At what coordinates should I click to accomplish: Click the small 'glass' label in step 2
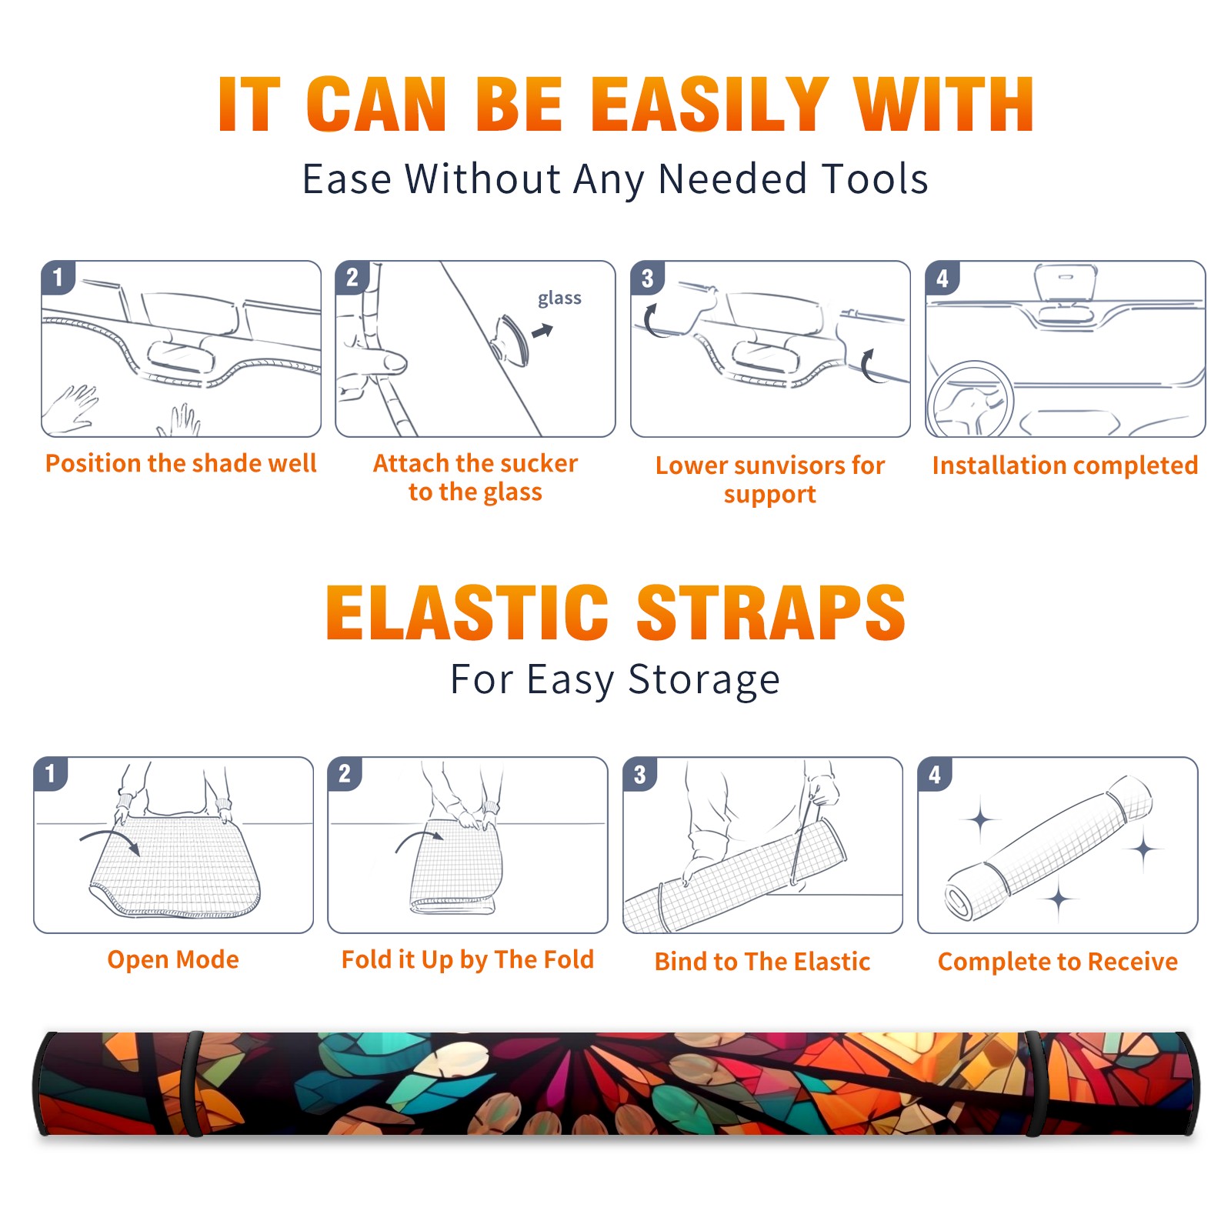pos(559,299)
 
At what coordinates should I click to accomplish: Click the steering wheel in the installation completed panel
pos(970,399)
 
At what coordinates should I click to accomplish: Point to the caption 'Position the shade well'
pos(181,463)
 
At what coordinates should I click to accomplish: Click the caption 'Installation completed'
pos(1065,465)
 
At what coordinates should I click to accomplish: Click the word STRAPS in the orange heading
pos(771,612)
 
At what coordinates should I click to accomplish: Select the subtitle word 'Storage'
pos(704,681)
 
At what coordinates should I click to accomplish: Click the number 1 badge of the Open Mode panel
pos(51,774)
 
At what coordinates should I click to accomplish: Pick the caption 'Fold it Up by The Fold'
pos(468,960)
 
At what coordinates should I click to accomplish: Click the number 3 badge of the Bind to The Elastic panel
pos(639,775)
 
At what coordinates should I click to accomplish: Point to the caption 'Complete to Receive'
pos(1058,962)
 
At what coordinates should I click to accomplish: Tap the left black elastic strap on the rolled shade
pos(193,1083)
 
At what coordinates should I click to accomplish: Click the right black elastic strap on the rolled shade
pos(1036,1083)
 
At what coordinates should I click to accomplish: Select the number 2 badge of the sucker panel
pos(352,278)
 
